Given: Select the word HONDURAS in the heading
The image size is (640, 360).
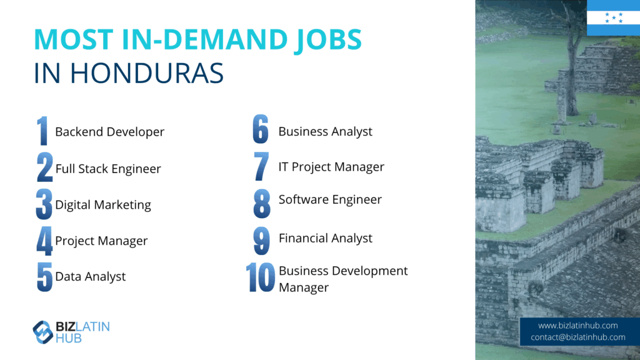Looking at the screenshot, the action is pyautogui.click(x=146, y=74).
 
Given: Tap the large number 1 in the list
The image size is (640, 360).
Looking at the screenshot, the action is pyautogui.click(x=42, y=131).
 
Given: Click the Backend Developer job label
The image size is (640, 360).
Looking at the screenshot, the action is pyautogui.click(x=110, y=132).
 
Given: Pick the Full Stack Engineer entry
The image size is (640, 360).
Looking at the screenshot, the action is pyautogui.click(x=108, y=169).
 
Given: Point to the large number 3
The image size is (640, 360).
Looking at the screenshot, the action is pyautogui.click(x=44, y=204).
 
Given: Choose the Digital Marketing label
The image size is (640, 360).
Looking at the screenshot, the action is pyautogui.click(x=103, y=204).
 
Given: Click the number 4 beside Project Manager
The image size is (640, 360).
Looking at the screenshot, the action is pyautogui.click(x=44, y=241).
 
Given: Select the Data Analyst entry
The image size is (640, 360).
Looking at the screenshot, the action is pyautogui.click(x=90, y=276).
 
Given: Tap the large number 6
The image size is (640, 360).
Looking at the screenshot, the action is pyautogui.click(x=261, y=129).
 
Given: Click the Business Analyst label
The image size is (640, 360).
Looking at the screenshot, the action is pyautogui.click(x=325, y=131).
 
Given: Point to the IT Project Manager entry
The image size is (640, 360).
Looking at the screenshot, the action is pyautogui.click(x=331, y=166).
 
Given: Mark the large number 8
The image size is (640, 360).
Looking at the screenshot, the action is pyautogui.click(x=262, y=203).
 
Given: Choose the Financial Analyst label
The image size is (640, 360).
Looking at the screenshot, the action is pyautogui.click(x=325, y=238).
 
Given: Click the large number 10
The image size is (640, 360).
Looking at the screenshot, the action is pyautogui.click(x=261, y=277).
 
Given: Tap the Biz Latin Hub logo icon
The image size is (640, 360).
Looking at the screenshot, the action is pyautogui.click(x=43, y=332).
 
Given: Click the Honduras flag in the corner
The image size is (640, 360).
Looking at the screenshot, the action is pyautogui.click(x=613, y=17).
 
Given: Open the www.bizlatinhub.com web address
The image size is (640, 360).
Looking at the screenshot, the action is pyautogui.click(x=577, y=325).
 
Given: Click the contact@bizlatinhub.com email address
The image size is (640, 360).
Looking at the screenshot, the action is pyautogui.click(x=578, y=337).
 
